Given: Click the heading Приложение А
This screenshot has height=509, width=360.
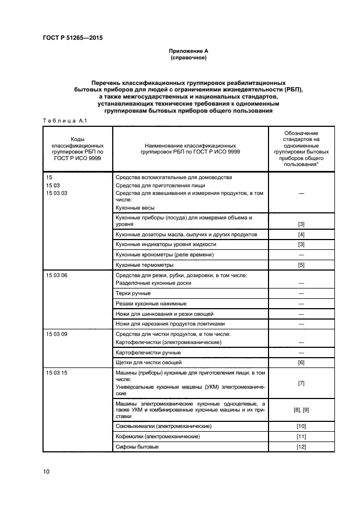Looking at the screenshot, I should [188, 51].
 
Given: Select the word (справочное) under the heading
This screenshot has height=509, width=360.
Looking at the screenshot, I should [188, 57].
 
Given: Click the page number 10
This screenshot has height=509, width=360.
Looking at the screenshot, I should [46, 471].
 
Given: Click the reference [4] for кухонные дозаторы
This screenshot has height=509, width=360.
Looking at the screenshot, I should [301, 235].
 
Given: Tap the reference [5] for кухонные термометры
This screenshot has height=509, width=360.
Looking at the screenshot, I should [301, 265].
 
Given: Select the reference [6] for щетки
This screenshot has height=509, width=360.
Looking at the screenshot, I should [301, 362].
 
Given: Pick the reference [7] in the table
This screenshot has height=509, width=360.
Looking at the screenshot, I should [301, 383].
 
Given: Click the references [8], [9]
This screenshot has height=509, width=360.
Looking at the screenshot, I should [301, 409].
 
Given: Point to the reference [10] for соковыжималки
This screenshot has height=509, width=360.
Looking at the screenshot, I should [301, 426].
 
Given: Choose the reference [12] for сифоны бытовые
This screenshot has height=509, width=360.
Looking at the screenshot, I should [301, 447].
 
